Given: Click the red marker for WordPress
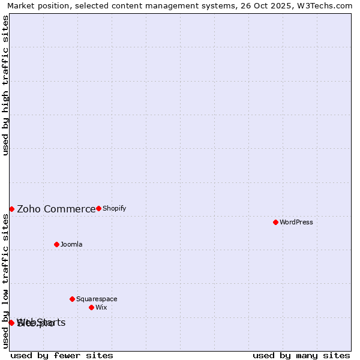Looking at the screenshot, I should tap(275, 222).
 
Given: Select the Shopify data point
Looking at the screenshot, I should tap(98, 208).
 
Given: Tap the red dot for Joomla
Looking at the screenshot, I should tap(56, 244).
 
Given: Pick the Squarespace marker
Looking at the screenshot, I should tap(72, 299).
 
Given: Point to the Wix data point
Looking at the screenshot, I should tap(91, 307).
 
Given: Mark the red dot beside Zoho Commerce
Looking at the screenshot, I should tap(11, 209).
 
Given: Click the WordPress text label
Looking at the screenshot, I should tap(296, 222).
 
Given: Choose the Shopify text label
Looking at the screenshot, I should tap(114, 208).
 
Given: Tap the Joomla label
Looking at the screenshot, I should tap(71, 244).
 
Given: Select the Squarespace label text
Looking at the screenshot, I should tap(97, 299).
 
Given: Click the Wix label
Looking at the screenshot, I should tap(101, 307).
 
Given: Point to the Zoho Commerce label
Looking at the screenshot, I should tap(56, 209).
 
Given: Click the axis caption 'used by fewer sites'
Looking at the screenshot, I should tap(62, 355).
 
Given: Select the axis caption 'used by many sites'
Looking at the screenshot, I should tap(301, 355).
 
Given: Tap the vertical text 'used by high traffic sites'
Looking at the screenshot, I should tap(5, 85).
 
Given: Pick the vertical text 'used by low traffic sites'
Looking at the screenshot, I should tap(5, 281).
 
